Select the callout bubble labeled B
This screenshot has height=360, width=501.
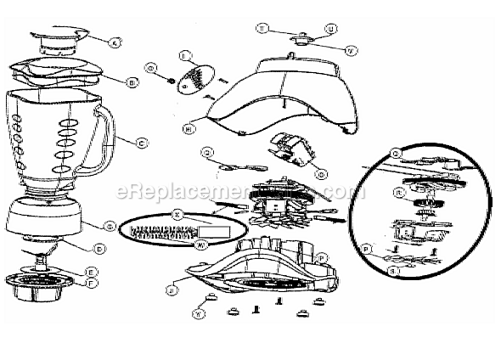(132, 82)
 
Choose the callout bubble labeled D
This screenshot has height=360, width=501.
(101, 249)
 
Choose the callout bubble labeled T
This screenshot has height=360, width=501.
(262, 28)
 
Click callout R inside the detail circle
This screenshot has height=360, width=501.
(397, 192)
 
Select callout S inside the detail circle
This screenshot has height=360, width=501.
(393, 271)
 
